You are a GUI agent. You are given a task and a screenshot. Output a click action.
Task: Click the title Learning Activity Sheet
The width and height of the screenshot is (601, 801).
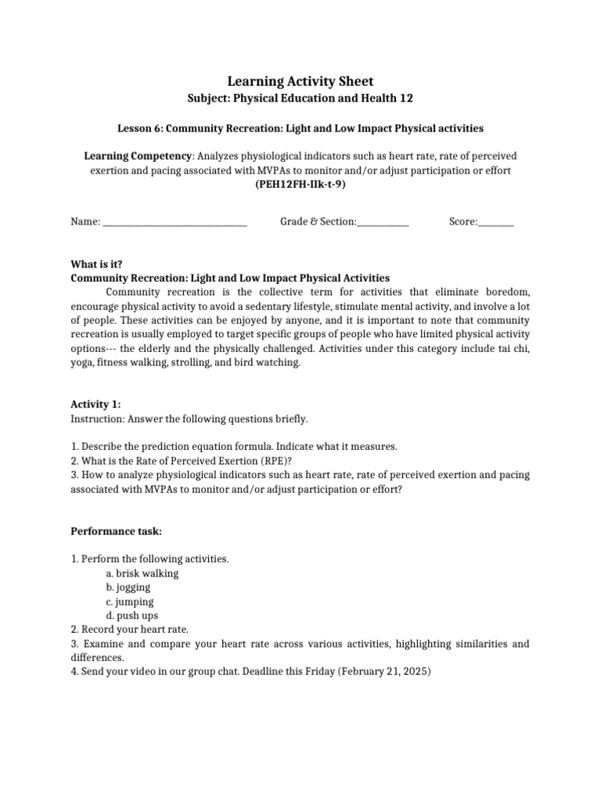[x=300, y=81]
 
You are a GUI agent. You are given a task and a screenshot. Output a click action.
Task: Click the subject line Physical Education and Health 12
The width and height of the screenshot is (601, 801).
[x=300, y=99]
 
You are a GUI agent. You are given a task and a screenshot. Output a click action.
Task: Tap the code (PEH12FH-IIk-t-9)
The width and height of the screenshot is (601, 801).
[x=300, y=185]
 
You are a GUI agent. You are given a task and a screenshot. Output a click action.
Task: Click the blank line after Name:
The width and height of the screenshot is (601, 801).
[x=175, y=222]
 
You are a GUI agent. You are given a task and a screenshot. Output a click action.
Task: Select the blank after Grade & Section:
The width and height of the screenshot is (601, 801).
[x=383, y=222]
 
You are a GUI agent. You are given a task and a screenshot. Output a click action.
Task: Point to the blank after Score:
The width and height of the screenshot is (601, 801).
[x=495, y=222]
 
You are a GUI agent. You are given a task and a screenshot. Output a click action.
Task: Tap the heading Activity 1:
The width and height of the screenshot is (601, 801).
[x=96, y=404]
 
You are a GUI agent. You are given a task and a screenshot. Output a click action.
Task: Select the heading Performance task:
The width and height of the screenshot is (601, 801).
[x=117, y=531]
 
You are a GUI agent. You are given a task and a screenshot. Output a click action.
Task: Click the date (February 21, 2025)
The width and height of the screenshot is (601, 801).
[x=384, y=672]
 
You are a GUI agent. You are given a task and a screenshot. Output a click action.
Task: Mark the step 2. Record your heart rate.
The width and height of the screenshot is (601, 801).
[x=130, y=630]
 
